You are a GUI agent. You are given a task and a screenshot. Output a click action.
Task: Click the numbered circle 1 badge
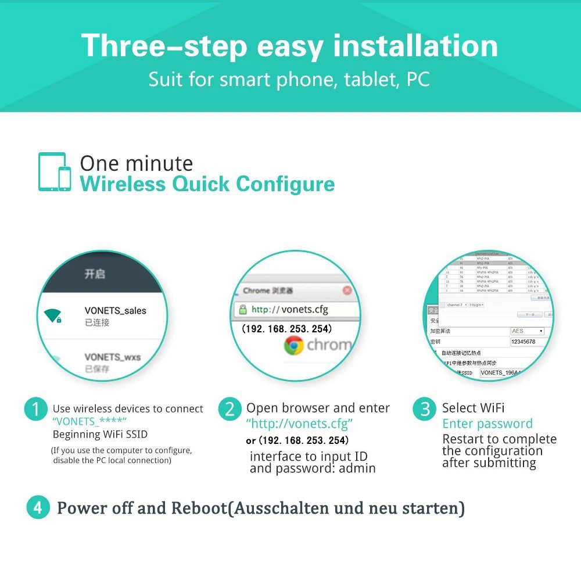tap(35, 410)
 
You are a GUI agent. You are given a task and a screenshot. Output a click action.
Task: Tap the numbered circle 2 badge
tap(229, 410)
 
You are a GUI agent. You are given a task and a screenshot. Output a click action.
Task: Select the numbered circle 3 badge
tap(424, 410)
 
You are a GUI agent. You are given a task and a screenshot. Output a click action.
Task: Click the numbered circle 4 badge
tap(38, 508)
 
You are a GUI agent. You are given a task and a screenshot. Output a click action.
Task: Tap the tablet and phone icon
tap(55, 172)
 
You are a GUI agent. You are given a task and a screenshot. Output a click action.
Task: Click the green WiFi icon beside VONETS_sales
tap(53, 316)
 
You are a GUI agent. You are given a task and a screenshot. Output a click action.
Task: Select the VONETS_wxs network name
tap(113, 357)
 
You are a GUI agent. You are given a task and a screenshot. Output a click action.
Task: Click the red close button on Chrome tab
tap(347, 290)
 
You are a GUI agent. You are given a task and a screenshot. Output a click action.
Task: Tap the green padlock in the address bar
tap(242, 310)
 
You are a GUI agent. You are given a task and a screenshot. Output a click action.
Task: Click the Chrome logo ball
tap(294, 346)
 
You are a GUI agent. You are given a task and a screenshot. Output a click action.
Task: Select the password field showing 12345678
tap(530, 342)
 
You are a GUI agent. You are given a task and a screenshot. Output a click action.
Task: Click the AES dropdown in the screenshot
tap(528, 331)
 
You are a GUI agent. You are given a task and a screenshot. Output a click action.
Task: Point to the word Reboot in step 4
tap(198, 508)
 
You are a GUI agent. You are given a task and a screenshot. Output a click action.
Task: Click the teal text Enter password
tap(487, 424)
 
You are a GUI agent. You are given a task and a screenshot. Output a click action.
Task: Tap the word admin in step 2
tap(356, 468)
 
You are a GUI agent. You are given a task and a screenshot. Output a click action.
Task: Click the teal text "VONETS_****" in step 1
tap(89, 421)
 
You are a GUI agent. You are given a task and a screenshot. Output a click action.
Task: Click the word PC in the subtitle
tap(418, 79)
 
